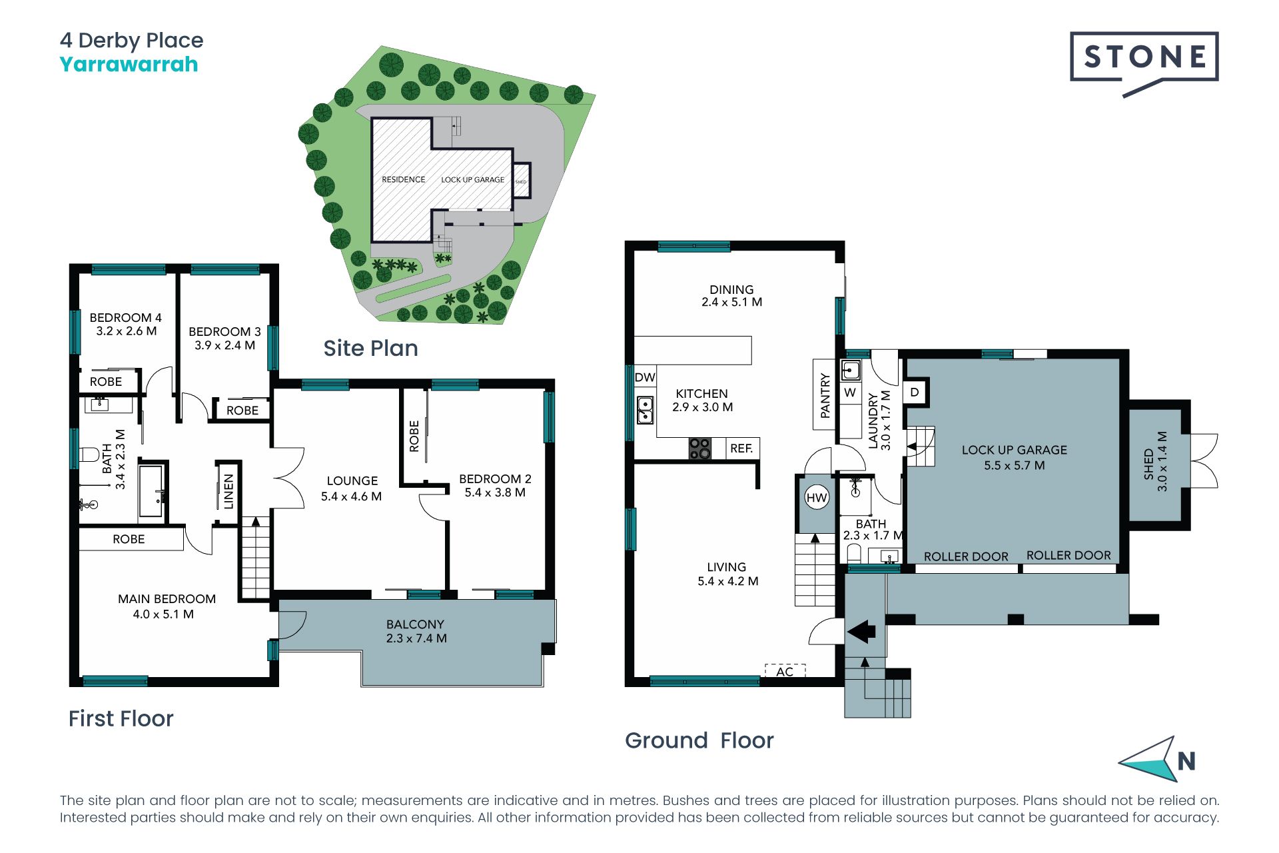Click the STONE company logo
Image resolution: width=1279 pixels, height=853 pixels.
pos(1144,64)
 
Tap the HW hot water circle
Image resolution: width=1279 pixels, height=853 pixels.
pos(817,497)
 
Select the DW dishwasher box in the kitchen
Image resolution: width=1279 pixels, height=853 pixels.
pos(645,377)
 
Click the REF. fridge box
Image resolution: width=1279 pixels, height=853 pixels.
pos(741,448)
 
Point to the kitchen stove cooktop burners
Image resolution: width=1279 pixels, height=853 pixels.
pos(699,448)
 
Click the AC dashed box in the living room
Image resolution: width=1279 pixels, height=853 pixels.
pos(785,670)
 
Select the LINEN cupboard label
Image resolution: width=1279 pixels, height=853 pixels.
pos(228,492)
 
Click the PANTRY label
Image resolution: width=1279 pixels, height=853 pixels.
pos(825,395)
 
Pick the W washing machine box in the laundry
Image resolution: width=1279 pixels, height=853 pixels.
pos(850,393)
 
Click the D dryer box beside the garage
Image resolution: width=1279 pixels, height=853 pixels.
pos(915,392)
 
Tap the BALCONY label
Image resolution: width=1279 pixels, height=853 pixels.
pos(415,624)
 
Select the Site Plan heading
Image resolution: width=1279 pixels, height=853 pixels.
pos(370,348)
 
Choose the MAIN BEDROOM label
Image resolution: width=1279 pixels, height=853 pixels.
pos(167,599)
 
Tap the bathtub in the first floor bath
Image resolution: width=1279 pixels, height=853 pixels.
pos(151,492)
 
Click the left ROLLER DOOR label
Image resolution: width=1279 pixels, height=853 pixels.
pos(966,556)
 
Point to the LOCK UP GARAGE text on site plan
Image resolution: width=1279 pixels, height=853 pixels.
pos(472,180)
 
